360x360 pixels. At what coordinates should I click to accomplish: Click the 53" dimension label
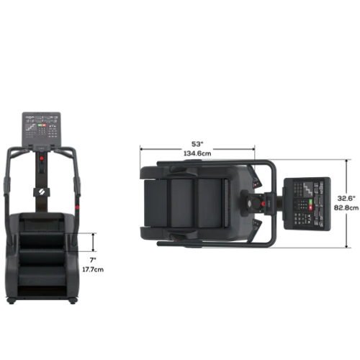[197, 144]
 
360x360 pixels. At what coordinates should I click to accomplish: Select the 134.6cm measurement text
[197, 153]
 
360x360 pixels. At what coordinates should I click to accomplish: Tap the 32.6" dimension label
[346, 199]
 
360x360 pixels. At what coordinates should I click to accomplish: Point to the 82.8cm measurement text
[346, 208]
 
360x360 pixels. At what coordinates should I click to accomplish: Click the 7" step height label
[93, 260]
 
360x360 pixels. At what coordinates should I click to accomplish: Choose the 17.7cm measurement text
[93, 269]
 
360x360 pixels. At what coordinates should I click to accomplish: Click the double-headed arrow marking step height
[94, 242]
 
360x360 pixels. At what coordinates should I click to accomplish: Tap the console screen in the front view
[41, 129]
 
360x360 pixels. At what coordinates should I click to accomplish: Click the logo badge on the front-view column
[41, 192]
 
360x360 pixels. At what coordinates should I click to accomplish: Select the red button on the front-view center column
[42, 158]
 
